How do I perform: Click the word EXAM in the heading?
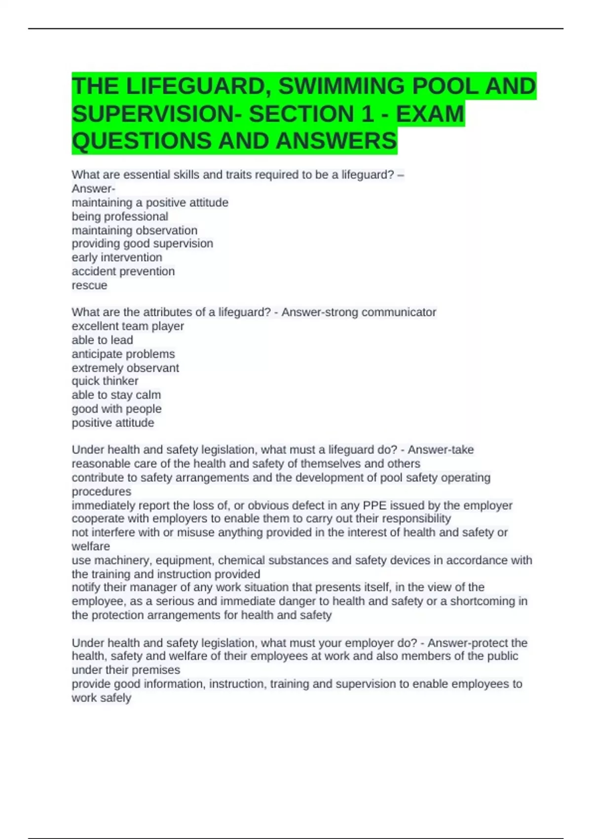click(x=430, y=114)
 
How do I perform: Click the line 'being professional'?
click(x=120, y=217)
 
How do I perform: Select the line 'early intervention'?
click(x=117, y=258)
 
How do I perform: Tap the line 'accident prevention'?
click(x=123, y=271)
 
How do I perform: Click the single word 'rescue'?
click(x=89, y=285)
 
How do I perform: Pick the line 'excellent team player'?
click(x=128, y=326)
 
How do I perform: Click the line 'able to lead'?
click(x=102, y=340)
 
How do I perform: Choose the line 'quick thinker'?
click(x=105, y=381)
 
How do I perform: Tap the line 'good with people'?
click(x=116, y=409)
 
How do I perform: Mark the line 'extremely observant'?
click(x=125, y=368)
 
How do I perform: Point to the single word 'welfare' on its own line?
click(x=91, y=546)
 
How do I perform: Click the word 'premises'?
click(x=156, y=670)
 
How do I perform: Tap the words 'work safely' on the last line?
click(x=101, y=698)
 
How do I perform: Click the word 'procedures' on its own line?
click(x=102, y=492)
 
